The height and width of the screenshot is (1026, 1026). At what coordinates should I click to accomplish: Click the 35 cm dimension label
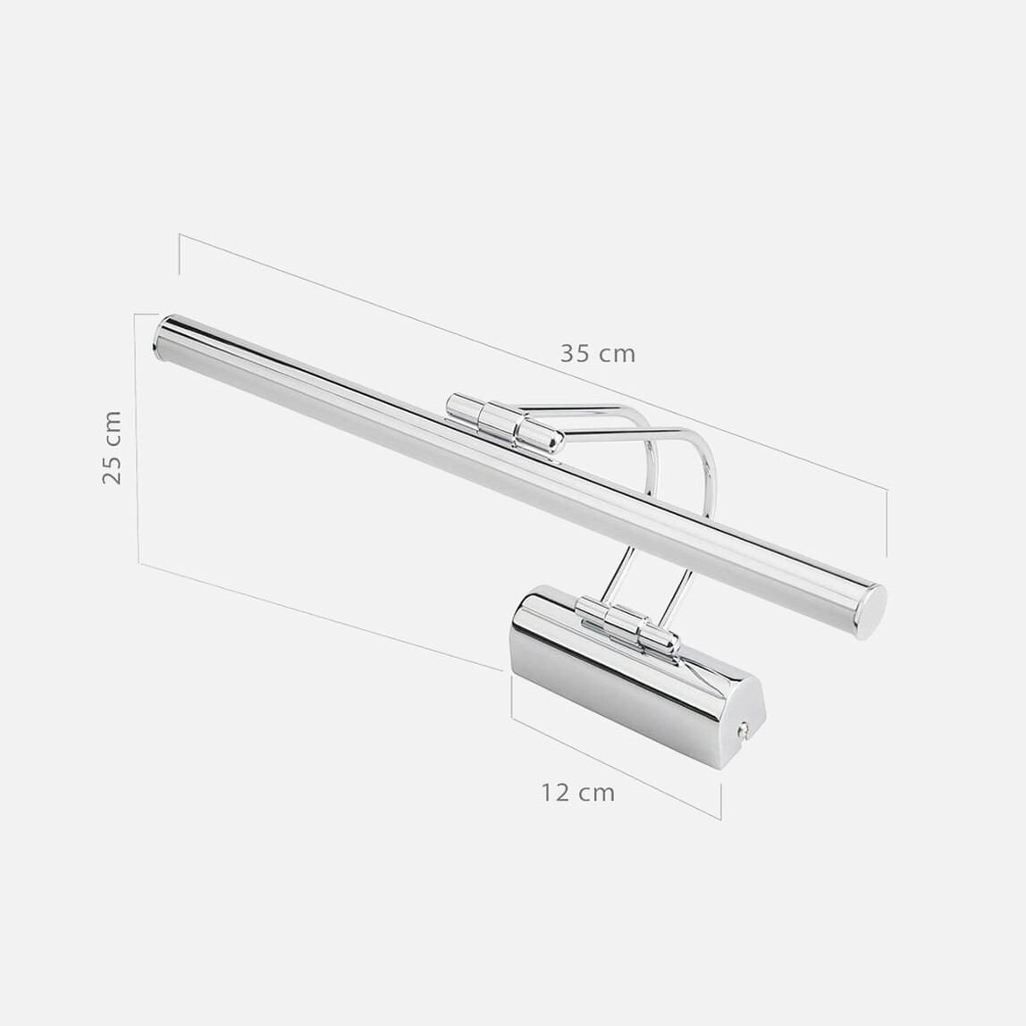tap(597, 354)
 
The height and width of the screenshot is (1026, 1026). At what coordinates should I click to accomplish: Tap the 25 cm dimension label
tap(112, 447)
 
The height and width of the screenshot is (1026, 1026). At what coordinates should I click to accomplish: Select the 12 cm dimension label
tap(577, 792)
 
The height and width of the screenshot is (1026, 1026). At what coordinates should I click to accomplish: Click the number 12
tap(554, 792)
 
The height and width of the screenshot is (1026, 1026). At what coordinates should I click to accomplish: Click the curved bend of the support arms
tap(679, 447)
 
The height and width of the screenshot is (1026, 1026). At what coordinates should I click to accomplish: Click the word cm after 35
tap(618, 354)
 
